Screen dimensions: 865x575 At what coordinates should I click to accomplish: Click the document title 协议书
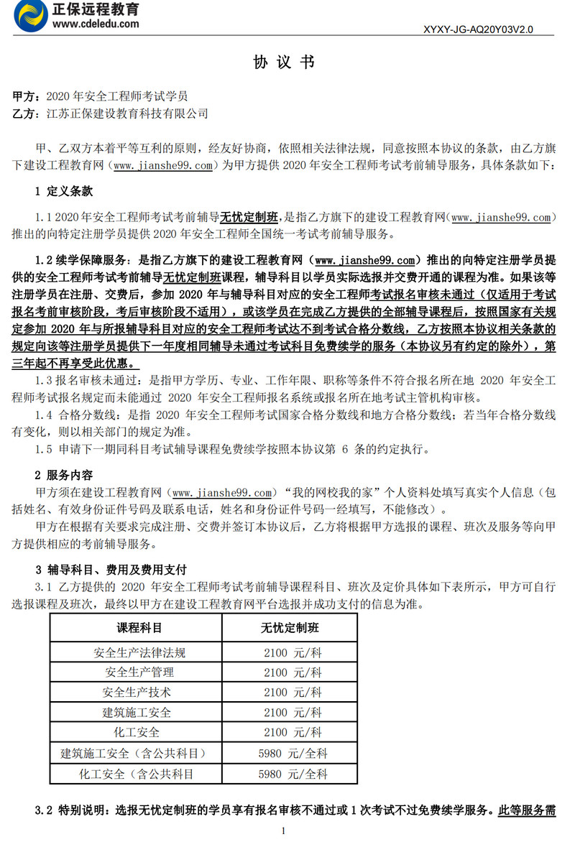284,63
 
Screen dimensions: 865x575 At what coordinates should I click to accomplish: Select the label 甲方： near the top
29,96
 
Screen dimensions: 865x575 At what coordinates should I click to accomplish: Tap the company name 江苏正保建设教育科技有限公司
127,113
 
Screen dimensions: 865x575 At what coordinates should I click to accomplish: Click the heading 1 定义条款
63,192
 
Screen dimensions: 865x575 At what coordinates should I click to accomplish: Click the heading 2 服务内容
63,475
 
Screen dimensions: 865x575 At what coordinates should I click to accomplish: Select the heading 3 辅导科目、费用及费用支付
111,569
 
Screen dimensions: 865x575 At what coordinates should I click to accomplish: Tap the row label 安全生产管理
139,672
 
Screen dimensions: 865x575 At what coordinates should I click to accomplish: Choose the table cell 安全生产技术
139,693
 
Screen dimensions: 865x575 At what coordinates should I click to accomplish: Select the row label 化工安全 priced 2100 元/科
139,733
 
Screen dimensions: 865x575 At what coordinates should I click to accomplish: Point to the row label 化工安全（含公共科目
137,774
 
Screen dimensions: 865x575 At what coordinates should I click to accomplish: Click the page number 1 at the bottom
285,831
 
